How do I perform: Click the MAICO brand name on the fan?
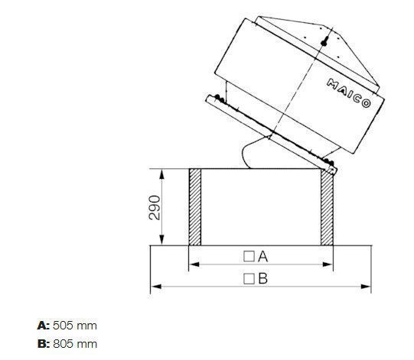coord(349,92)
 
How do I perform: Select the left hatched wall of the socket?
coord(195,207)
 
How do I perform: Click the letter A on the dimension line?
coord(262,255)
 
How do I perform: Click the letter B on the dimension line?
coord(262,278)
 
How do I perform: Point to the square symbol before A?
coord(249,255)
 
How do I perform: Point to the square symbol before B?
coord(249,278)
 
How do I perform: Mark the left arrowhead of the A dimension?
coord(192,264)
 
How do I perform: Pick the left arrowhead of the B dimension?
coord(155,287)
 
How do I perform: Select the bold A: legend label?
coord(43,326)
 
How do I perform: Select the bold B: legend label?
coord(43,343)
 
